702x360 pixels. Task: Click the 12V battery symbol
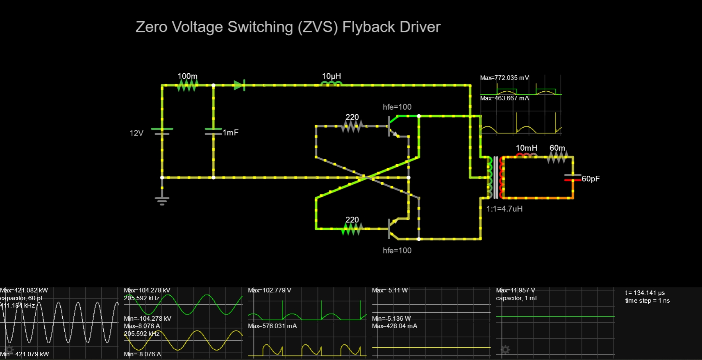162,131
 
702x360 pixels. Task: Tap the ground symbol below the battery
162,200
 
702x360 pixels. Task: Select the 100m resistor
187,85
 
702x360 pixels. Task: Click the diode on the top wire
239,85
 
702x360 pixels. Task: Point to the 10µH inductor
332,84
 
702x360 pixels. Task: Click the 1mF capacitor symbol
214,131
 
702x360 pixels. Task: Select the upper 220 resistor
352,127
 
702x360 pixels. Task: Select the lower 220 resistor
352,229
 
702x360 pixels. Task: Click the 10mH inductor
526,156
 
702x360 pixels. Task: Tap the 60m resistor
557,157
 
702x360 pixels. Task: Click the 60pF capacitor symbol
573,178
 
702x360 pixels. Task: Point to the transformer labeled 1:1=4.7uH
496,178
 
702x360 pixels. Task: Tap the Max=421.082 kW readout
24,290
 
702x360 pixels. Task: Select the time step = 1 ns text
647,301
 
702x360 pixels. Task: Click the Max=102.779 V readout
270,290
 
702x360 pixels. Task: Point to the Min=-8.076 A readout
142,354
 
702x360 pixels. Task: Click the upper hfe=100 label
397,107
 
